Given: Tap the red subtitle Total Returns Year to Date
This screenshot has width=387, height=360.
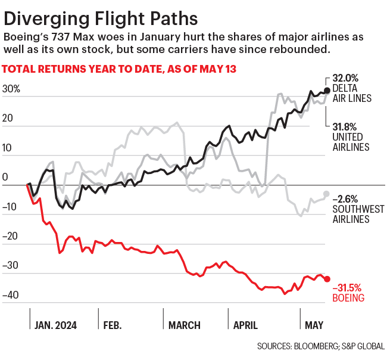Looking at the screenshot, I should (x=120, y=69).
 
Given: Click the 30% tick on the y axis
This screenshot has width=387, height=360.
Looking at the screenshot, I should (x=11, y=89).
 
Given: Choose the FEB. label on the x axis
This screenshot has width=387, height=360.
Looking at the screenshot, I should (x=113, y=325).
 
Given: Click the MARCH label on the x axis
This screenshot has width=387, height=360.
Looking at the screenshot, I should (x=184, y=325).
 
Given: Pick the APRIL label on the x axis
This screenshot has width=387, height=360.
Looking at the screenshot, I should (x=245, y=325).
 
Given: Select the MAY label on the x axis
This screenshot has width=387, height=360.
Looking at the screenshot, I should (x=314, y=325).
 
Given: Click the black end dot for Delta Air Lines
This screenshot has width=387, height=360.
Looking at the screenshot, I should (x=326, y=91).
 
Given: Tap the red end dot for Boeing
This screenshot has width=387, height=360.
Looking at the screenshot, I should (x=326, y=279).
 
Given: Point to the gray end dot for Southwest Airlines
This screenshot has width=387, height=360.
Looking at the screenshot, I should (x=326, y=194).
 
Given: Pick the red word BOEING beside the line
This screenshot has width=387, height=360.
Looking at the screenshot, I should (x=349, y=296).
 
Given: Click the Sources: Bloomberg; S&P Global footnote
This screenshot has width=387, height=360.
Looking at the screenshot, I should (x=321, y=346).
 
